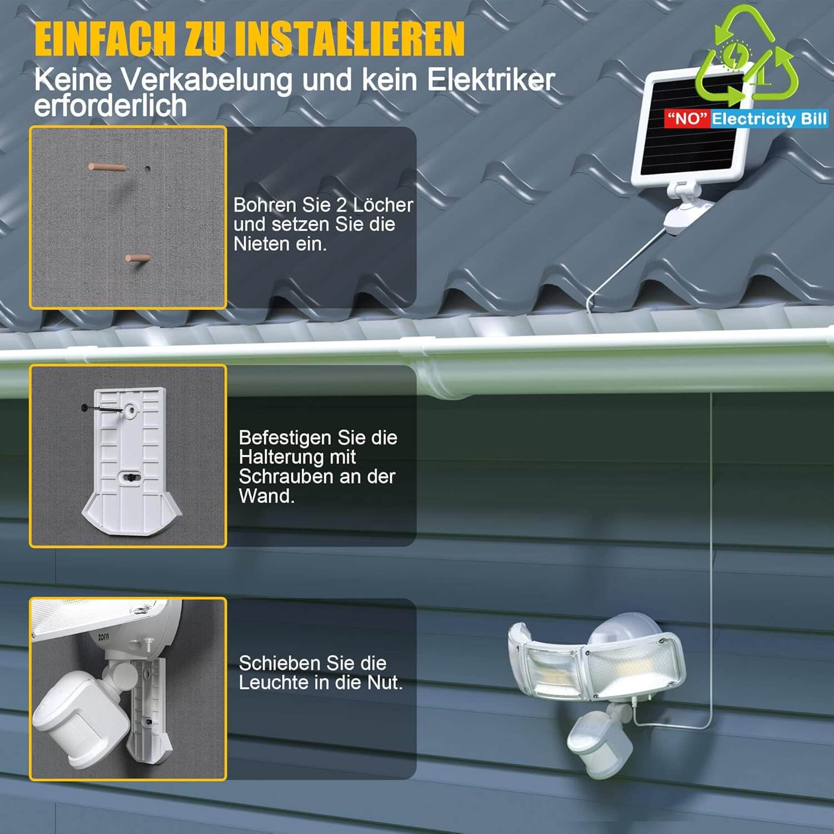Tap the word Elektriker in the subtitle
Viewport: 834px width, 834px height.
[491, 80]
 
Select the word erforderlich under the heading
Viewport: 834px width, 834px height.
[111, 105]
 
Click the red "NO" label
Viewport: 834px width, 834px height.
[688, 118]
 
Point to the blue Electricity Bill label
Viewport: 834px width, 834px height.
[770, 118]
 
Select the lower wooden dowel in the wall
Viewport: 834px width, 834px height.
[137, 258]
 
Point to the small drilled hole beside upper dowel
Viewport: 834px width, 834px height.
[147, 168]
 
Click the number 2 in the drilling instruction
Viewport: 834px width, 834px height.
[341, 205]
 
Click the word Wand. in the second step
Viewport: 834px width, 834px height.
[266, 496]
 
